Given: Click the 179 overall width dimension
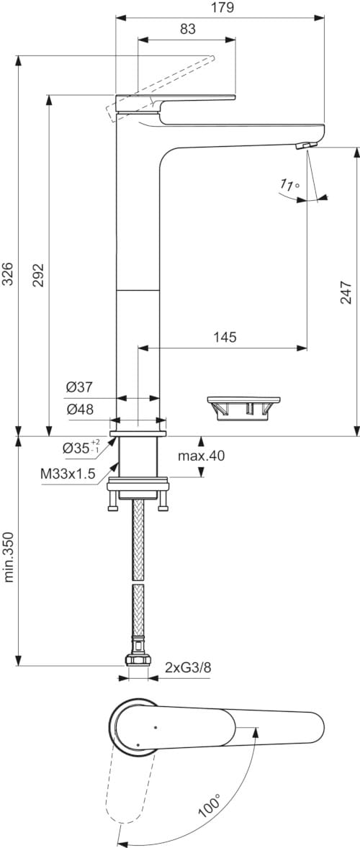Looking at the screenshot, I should click(220, 7).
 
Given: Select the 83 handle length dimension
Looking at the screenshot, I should click(186, 29).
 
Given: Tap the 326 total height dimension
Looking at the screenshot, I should click(7, 274).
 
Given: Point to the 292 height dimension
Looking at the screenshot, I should click(39, 274).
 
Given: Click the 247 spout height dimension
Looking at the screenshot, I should click(346, 292).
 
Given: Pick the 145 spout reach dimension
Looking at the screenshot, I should click(225, 337).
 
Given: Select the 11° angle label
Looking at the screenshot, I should click(289, 186).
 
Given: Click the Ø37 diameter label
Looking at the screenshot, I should click(79, 387).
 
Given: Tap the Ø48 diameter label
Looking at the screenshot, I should click(79, 409).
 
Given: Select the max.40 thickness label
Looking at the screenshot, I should click(202, 456).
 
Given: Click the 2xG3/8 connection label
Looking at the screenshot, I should click(188, 667).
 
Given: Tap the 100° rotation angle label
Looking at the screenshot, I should click(208, 808).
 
